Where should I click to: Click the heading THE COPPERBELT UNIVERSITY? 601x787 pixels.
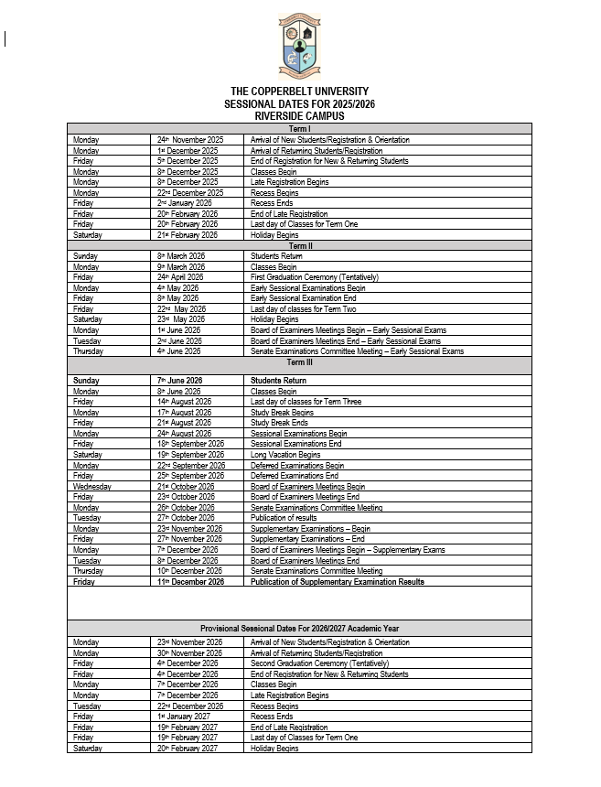pos(300,92)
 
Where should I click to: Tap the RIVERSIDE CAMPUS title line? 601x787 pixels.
pos(300,116)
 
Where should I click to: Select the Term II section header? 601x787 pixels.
pos(300,245)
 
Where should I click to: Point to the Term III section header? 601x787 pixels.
pos(300,362)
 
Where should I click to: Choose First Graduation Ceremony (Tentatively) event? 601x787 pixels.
pos(314,277)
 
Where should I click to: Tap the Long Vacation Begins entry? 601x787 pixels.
pos(285,455)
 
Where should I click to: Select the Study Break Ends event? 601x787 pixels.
pos(281,423)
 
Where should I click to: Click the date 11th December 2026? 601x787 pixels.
pos(190,581)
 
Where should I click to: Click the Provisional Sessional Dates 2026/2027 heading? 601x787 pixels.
pos(300,629)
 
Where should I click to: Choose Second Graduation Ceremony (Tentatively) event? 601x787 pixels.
pos(317,663)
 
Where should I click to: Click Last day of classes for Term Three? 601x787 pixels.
pos(306,402)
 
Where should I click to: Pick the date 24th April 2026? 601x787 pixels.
pos(180,277)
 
